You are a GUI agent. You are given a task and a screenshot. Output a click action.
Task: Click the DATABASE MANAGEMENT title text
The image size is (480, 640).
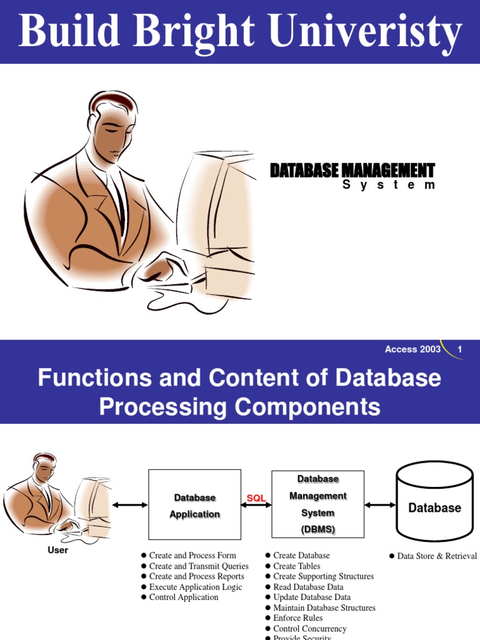pos(352,170)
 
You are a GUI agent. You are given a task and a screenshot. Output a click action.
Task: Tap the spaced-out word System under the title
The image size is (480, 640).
pos(388,185)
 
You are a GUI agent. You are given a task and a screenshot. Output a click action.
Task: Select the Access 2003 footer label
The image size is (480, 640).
pos(412,349)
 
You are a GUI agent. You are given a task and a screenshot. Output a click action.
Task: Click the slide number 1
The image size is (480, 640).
pos(459,349)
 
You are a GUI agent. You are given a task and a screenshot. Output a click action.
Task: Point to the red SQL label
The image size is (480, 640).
pos(256,498)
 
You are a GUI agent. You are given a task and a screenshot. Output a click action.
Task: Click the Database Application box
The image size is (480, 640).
pos(194,505)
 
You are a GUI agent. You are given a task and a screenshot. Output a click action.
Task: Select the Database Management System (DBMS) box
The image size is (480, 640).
pos(317,504)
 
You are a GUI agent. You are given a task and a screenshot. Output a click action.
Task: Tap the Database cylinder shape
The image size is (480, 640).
pos(434,504)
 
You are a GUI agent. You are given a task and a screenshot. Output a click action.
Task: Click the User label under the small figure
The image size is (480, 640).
pos(57,550)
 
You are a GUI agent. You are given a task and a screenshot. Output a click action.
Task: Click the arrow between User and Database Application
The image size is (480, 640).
pos(130,505)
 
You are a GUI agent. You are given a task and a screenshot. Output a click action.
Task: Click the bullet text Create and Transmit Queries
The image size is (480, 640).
pos(199,566)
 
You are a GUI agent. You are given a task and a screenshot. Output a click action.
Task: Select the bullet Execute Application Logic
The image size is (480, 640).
pos(196,587)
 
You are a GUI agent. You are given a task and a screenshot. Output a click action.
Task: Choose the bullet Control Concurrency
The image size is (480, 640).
pos(309,629)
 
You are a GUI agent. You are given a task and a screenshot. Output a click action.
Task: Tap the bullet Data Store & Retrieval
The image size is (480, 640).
pos(437,556)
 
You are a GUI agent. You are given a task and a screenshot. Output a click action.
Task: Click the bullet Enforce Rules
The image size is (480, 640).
pos(297,618)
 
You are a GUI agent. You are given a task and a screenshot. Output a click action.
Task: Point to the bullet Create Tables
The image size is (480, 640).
pos(296,566)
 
